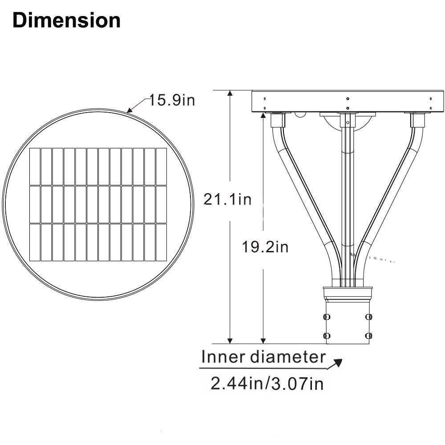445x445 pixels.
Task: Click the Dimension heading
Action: pos(67,20)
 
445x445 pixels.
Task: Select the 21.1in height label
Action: pos(227,199)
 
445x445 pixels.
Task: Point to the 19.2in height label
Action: pos(265,247)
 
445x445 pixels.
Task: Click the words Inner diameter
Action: pos(263,357)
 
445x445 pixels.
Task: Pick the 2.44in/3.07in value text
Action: pos(267,384)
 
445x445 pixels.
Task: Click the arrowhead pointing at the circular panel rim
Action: pos(129,110)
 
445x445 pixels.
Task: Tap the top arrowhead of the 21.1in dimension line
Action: pos(230,93)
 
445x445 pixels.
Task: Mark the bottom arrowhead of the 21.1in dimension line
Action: pos(230,341)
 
